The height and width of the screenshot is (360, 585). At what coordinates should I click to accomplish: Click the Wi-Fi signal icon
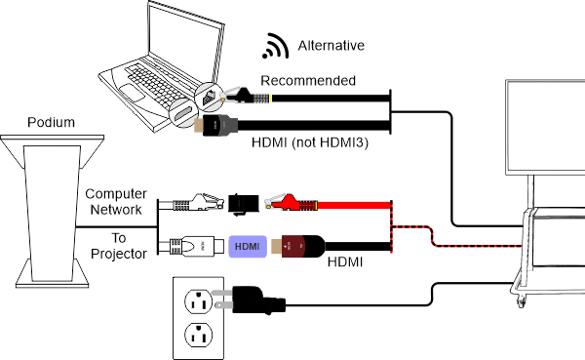pyautogui.click(x=276, y=46)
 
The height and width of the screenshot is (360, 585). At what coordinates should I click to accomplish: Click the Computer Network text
pyautogui.click(x=115, y=202)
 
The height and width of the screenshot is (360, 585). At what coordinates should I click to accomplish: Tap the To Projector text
pyautogui.click(x=115, y=246)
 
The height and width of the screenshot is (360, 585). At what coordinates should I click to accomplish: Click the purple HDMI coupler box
pyautogui.click(x=247, y=247)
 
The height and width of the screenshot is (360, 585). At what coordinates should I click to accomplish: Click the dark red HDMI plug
pyautogui.click(x=302, y=246)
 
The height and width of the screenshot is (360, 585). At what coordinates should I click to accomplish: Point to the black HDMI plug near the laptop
pyautogui.click(x=219, y=125)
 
